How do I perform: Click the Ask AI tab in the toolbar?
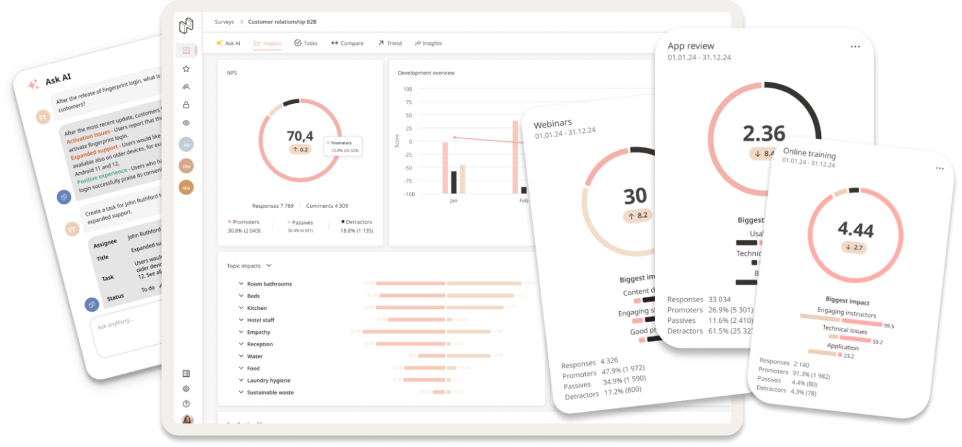228,44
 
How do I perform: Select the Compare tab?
348,44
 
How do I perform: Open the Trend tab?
390,44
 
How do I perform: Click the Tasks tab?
306,44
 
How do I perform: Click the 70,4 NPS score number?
300,136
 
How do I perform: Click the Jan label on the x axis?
454,201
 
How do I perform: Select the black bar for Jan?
454,182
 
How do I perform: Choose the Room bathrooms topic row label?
269,284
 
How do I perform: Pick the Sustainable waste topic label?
270,392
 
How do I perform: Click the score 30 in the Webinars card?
635,196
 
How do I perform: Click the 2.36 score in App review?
764,133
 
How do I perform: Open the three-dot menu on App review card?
855,47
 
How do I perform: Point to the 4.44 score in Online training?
855,229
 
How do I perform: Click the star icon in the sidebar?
186,69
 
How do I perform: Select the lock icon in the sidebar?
186,105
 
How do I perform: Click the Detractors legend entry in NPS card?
359,222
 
